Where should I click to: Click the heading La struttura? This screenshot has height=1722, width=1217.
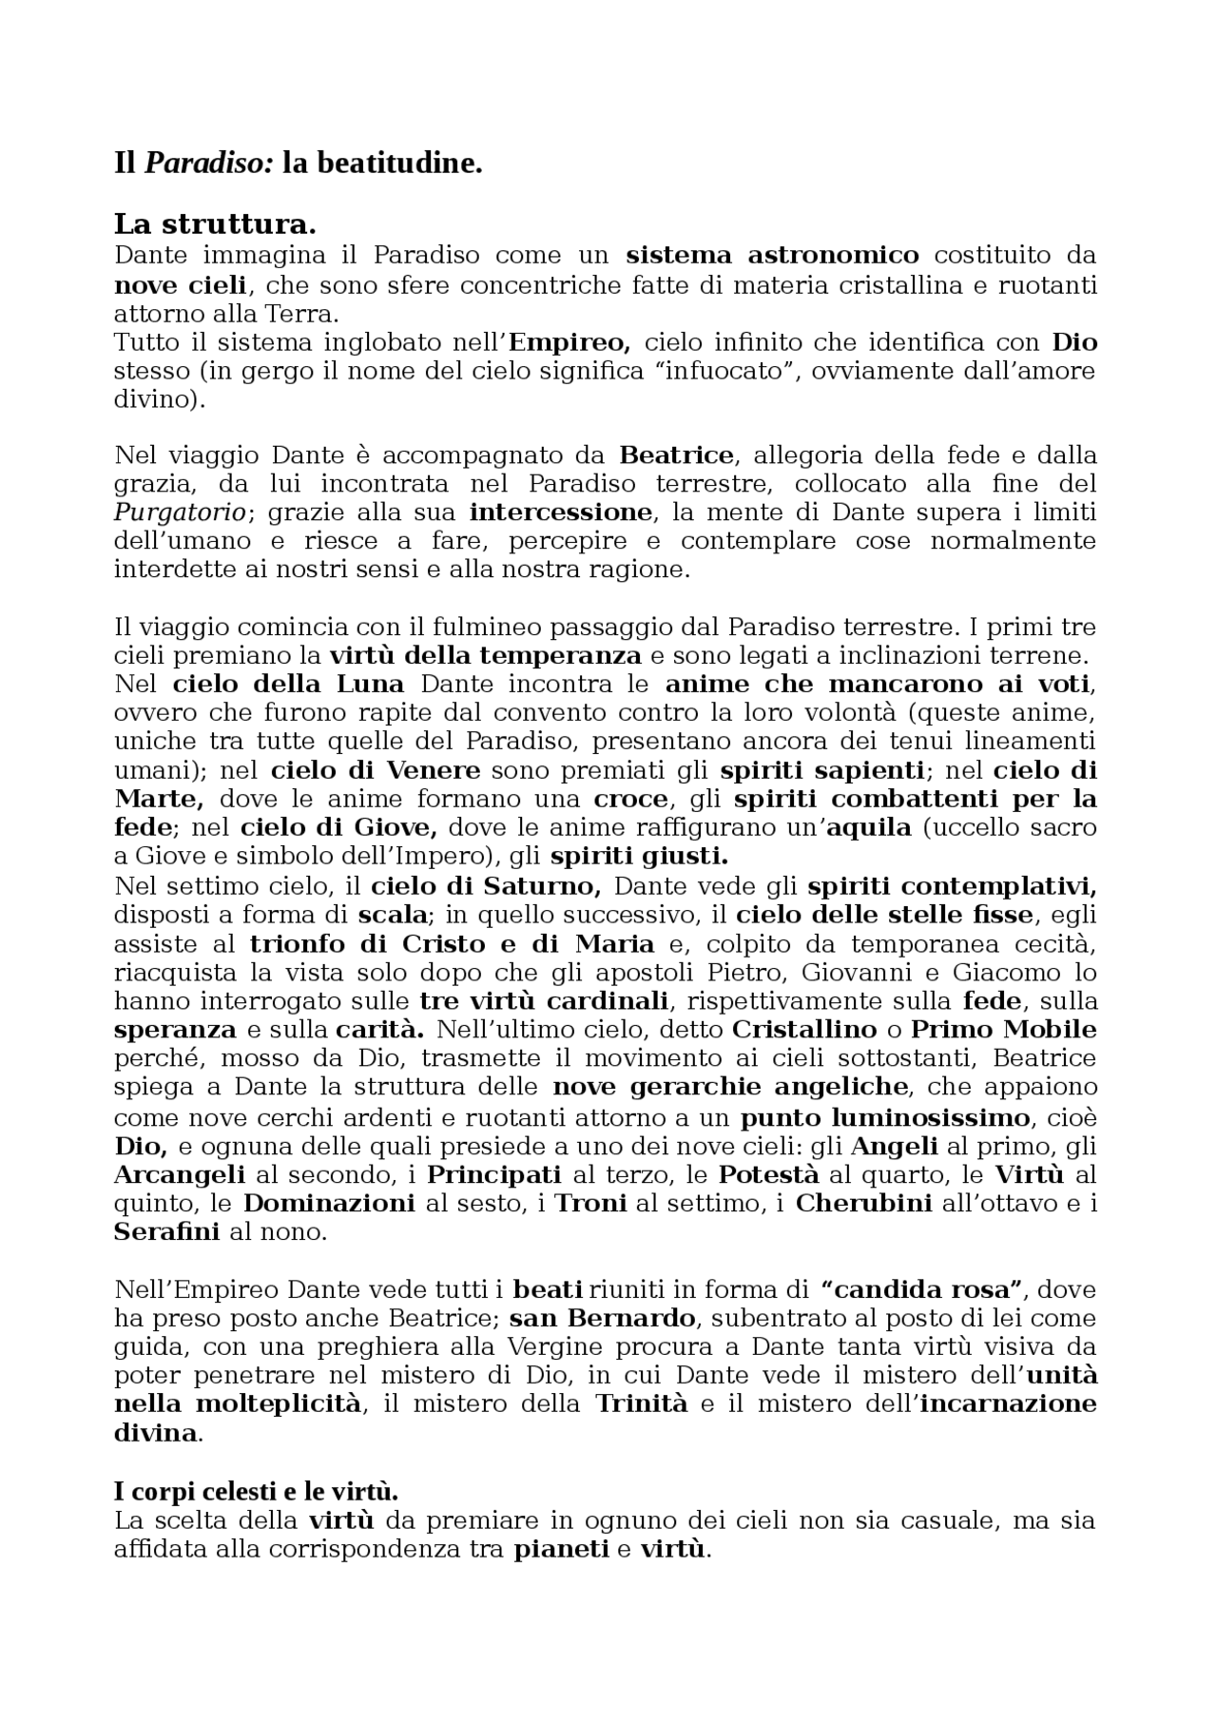coord(214,225)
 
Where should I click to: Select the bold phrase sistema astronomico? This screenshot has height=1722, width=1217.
coord(772,255)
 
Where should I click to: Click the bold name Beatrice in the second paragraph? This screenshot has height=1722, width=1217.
coord(677,455)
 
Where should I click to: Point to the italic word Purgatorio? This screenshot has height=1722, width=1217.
coord(181,513)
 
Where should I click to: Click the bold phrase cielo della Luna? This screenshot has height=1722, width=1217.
coord(288,684)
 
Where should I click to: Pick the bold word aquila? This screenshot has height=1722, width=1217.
coord(868,827)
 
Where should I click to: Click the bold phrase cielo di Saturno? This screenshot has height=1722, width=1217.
coord(486,887)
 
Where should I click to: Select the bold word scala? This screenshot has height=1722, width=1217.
coord(392,916)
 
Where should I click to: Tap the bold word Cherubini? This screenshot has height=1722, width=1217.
coord(863,1203)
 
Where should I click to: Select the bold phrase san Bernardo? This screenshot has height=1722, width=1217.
coord(603,1318)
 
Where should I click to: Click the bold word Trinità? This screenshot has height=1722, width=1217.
coord(641,1404)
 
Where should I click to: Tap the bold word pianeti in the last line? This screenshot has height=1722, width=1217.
coord(561,1549)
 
